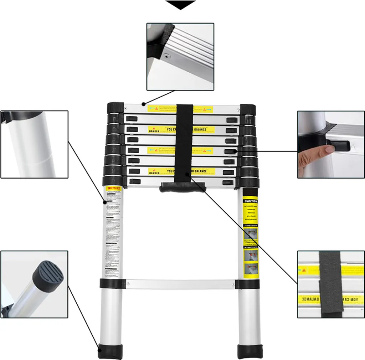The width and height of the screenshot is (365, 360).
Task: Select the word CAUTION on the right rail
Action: pos(250,201)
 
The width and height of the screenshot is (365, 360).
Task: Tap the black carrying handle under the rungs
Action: pos(182,187)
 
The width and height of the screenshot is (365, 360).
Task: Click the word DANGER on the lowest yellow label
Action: pos(154,173)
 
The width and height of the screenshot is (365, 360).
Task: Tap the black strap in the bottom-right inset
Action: pos(330,283)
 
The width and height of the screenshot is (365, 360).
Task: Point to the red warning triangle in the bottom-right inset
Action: pos(304,270)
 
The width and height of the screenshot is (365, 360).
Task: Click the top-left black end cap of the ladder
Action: pos(115,107)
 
